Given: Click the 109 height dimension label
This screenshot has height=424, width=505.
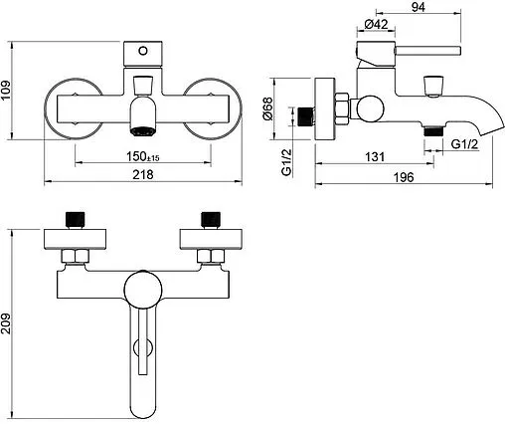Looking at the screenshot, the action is (6, 91).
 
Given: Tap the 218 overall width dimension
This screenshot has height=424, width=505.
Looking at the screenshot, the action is (143, 174).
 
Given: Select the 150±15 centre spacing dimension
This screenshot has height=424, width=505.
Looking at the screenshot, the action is (143, 156).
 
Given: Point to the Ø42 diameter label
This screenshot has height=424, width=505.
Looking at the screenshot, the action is (376, 24).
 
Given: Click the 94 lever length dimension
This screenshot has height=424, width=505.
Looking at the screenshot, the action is (419, 7).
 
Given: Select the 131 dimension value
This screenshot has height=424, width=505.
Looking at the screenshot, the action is (375, 156).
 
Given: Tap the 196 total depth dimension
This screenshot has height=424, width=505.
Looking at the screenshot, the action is (404, 177).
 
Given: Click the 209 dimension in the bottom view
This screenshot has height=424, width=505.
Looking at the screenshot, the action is (6, 323).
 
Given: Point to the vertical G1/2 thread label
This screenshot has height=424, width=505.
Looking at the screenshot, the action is (286, 162).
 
